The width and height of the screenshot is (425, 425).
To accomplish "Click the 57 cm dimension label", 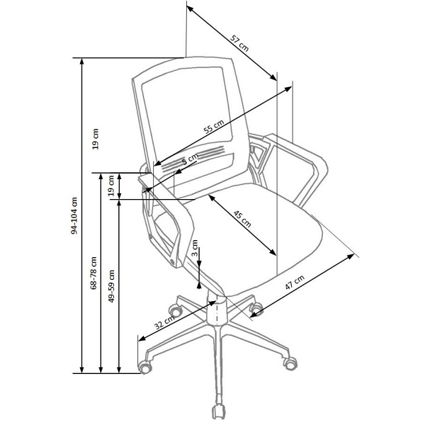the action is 239,43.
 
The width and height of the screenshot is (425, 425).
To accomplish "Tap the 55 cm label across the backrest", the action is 214,127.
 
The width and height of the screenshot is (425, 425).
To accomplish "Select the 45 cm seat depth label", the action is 242,218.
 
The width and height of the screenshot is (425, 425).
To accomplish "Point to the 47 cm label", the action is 295,282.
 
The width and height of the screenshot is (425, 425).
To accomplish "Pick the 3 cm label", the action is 195,248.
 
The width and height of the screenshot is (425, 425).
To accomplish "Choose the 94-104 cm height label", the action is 74,215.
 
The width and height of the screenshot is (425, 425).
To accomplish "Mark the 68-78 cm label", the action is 93,273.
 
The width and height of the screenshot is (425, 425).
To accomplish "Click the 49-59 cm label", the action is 111,286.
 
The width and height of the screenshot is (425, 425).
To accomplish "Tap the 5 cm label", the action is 191,159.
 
